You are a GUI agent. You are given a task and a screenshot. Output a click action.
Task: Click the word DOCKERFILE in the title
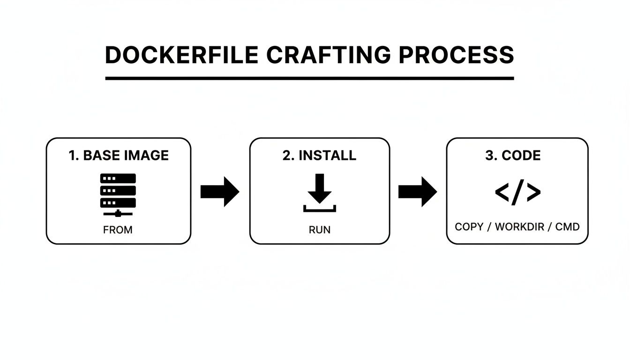181,55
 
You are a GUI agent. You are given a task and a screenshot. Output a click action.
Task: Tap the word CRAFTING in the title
328,55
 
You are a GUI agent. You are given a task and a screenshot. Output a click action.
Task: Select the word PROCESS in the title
456,55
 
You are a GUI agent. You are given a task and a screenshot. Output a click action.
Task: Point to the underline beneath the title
309,78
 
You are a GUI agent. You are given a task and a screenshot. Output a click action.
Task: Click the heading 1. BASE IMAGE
119,156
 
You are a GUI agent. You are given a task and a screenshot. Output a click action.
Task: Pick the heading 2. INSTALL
319,156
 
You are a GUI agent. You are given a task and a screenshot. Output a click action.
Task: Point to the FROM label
118,230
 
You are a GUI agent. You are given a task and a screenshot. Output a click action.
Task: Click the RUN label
319,230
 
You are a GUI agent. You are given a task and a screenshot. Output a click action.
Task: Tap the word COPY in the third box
469,227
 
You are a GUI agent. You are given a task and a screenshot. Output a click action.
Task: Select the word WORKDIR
519,227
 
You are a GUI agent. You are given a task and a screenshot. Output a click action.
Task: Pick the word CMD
567,227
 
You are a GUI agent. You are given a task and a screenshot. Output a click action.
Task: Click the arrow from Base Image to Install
220,191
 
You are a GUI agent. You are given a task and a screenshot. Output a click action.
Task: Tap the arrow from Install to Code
417,191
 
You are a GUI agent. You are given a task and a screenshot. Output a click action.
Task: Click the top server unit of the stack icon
118,179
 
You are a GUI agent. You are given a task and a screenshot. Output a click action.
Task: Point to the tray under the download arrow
320,209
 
